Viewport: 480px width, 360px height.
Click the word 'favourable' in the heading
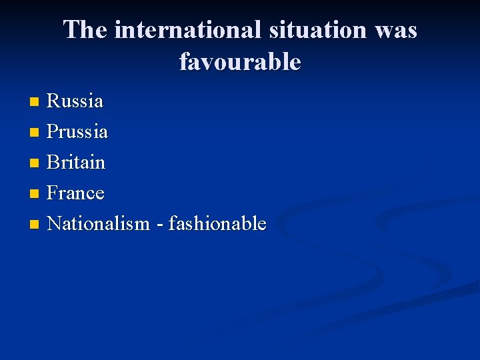(x=240, y=62)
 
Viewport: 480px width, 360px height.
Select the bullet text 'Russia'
(x=75, y=101)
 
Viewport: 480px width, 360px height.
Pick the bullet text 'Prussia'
(x=77, y=132)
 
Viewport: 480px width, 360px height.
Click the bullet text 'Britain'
(x=76, y=163)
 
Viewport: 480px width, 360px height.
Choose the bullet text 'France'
(x=76, y=193)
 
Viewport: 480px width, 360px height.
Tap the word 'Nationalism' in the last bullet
(x=99, y=224)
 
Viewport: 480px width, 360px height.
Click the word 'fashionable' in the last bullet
(x=217, y=224)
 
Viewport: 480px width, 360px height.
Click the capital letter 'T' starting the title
(x=72, y=31)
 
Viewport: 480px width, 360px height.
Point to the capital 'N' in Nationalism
(x=54, y=224)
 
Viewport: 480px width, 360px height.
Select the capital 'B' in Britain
(x=53, y=163)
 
